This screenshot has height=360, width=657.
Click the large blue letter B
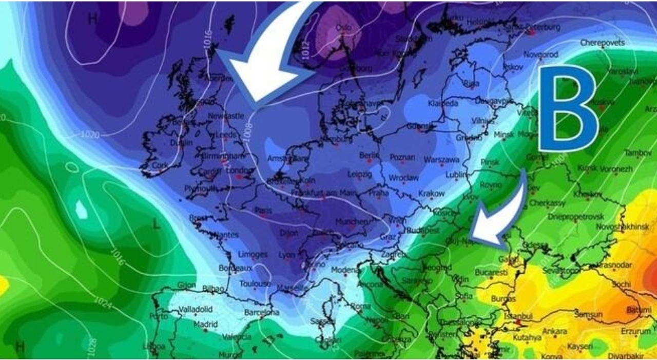(567, 109)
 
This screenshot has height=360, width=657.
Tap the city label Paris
(263, 211)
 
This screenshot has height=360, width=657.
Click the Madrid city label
(205, 325)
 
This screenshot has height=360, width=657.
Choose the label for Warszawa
(441, 160)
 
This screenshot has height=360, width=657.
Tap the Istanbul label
(517, 316)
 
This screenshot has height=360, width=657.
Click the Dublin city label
(181, 143)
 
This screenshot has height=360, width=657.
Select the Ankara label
(555, 331)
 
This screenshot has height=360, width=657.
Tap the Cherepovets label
(603, 43)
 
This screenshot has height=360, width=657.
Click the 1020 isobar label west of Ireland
(90, 135)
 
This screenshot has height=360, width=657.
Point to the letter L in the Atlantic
(157, 224)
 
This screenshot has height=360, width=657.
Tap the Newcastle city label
(226, 117)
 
